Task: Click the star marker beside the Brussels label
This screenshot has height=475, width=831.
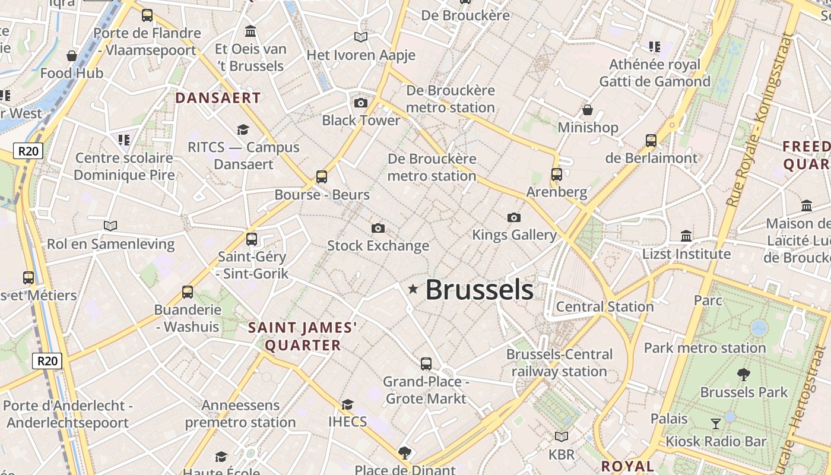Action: click(x=413, y=289)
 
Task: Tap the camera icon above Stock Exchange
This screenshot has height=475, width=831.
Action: click(x=378, y=228)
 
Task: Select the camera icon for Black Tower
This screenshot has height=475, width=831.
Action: click(x=360, y=103)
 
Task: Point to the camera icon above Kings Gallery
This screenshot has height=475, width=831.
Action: click(x=514, y=218)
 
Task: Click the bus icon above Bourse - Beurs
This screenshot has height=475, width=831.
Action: click(x=321, y=176)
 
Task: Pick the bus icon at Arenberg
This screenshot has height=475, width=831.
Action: click(x=556, y=175)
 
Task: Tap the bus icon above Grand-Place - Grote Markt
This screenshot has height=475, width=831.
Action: click(x=426, y=363)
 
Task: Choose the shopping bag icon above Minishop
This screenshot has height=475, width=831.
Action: click(x=588, y=110)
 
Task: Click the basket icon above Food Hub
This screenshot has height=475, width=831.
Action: click(x=72, y=56)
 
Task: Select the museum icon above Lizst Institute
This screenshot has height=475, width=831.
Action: click(x=686, y=236)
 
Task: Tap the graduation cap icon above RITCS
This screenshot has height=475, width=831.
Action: click(x=243, y=129)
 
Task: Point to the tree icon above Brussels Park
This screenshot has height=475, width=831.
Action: click(x=743, y=374)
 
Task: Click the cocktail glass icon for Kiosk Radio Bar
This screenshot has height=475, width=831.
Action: click(x=716, y=423)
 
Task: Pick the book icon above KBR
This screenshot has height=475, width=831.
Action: click(x=561, y=437)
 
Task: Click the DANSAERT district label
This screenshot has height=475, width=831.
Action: click(x=218, y=98)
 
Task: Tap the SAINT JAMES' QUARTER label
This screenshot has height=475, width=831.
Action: click(x=303, y=336)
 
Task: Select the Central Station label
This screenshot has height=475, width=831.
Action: click(x=605, y=306)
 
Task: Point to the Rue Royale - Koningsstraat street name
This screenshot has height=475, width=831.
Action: click(x=759, y=119)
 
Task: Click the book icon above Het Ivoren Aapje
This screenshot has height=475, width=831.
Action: click(x=360, y=37)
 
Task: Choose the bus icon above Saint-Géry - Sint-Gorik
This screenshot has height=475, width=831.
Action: click(x=252, y=239)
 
